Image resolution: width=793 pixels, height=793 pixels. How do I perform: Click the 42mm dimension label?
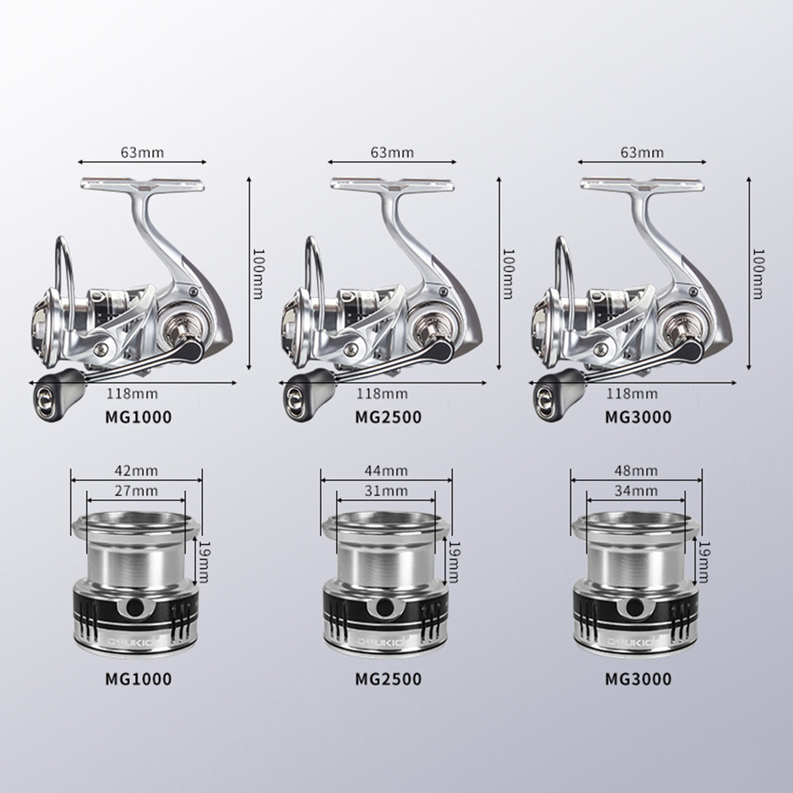click(x=137, y=470)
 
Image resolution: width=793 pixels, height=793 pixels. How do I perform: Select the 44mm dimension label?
click(x=387, y=470)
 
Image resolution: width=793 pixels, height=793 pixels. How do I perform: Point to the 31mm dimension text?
click(x=387, y=491)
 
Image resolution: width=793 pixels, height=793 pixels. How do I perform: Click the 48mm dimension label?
click(x=636, y=470)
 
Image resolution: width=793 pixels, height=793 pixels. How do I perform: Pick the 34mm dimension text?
click(x=636, y=491)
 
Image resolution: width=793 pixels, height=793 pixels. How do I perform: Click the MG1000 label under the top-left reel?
click(x=138, y=417)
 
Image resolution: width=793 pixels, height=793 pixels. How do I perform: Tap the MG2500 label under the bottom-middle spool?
click(x=388, y=679)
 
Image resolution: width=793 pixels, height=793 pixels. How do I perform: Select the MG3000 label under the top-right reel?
click(x=638, y=417)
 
